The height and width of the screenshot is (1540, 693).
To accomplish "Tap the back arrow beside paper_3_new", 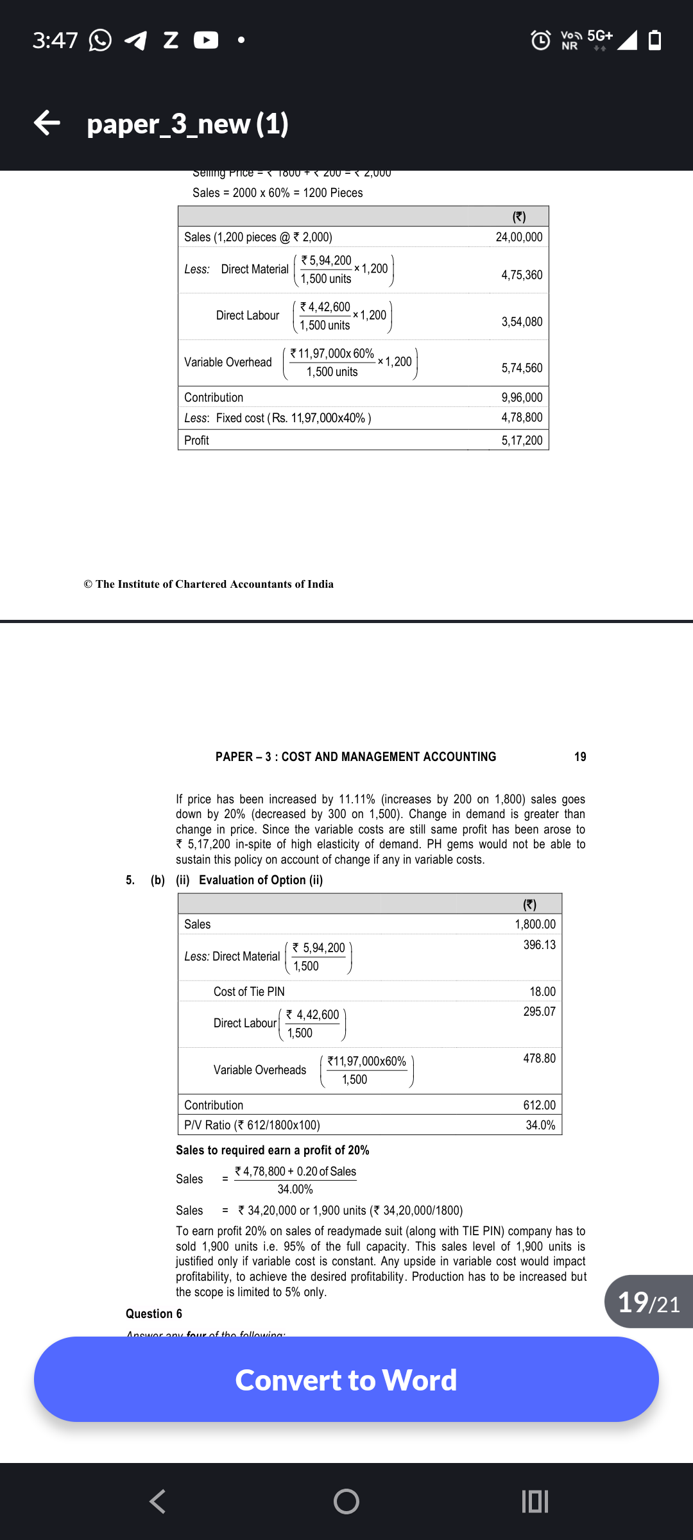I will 47,123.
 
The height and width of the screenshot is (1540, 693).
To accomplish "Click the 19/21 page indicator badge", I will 648,1302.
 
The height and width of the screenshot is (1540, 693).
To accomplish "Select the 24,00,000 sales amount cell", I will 518,237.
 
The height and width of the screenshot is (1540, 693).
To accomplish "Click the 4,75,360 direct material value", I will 521,275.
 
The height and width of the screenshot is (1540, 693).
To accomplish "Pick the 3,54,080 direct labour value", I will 521,321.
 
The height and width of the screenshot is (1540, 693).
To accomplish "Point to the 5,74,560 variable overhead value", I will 521,368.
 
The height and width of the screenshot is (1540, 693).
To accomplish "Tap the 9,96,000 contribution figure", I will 521,397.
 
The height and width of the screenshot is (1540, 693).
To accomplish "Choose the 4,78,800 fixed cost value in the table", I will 521,418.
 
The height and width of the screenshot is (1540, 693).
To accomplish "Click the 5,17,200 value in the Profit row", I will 521,440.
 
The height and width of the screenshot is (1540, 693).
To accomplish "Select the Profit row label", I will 196,440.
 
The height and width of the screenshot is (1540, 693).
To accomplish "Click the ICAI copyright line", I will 209,584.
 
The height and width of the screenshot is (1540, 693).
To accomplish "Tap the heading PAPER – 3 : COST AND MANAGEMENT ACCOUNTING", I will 355,757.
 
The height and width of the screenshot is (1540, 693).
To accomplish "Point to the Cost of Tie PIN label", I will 249,991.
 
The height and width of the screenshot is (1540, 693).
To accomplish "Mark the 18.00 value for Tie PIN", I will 542,991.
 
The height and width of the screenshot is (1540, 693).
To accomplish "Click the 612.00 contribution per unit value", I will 539,1105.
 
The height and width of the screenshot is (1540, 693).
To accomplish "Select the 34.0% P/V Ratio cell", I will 540,1125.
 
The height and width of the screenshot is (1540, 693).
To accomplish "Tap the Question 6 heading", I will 154,1313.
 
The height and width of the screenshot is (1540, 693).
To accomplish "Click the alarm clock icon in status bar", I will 541,40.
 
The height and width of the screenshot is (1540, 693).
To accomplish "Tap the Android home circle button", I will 346,1501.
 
